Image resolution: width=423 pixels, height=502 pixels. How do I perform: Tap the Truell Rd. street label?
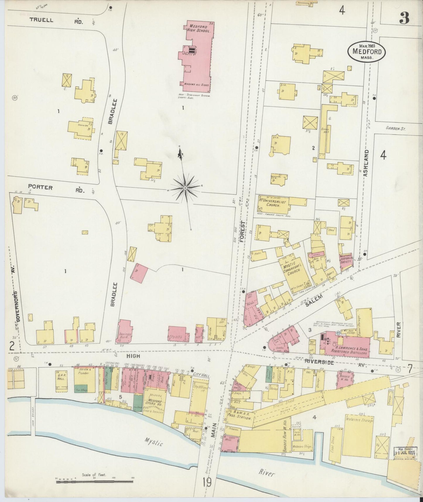pos(56,20)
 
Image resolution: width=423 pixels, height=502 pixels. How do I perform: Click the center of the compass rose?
pos(185,187)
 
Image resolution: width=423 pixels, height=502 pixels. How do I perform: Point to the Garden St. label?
pos(395,128)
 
